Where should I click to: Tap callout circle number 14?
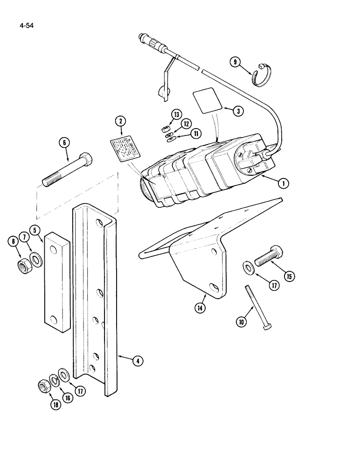tap(204, 308)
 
